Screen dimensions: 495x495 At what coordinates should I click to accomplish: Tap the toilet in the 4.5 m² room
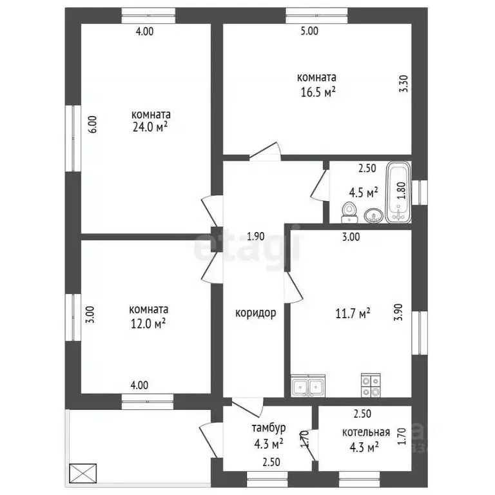click(x=349, y=213)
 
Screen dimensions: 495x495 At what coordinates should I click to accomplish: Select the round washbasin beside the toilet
click(x=374, y=217)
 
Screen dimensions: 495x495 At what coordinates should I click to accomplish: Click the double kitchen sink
click(x=308, y=386)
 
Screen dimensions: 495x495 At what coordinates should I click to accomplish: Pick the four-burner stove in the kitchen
click(x=371, y=385)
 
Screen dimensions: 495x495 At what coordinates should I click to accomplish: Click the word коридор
click(x=256, y=313)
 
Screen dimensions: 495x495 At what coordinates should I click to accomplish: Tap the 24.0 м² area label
click(x=150, y=127)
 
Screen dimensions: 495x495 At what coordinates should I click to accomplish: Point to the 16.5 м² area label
click(x=318, y=93)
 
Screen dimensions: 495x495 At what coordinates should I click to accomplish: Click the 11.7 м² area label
click(x=353, y=314)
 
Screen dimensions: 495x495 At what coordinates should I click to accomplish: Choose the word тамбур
click(x=269, y=428)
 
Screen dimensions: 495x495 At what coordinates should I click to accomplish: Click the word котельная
click(x=366, y=432)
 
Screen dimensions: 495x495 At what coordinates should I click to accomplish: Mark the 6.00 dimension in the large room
click(x=93, y=124)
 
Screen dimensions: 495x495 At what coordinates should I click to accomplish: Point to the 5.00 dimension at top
click(x=309, y=31)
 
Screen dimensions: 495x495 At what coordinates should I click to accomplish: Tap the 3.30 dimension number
click(x=403, y=83)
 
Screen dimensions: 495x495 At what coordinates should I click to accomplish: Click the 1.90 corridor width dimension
click(x=256, y=237)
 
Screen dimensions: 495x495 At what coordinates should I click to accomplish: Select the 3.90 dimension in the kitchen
click(x=398, y=312)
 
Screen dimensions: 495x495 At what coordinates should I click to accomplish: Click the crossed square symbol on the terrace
click(x=82, y=472)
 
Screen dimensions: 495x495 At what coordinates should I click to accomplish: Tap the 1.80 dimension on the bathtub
click(x=401, y=191)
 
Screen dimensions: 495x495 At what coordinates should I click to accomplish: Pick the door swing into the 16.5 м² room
click(x=265, y=152)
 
